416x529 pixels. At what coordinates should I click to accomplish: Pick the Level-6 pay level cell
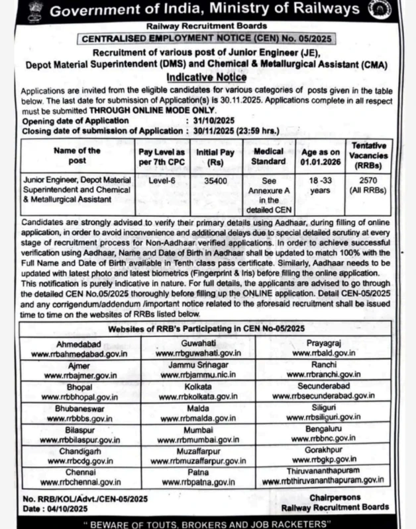tap(150, 179)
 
